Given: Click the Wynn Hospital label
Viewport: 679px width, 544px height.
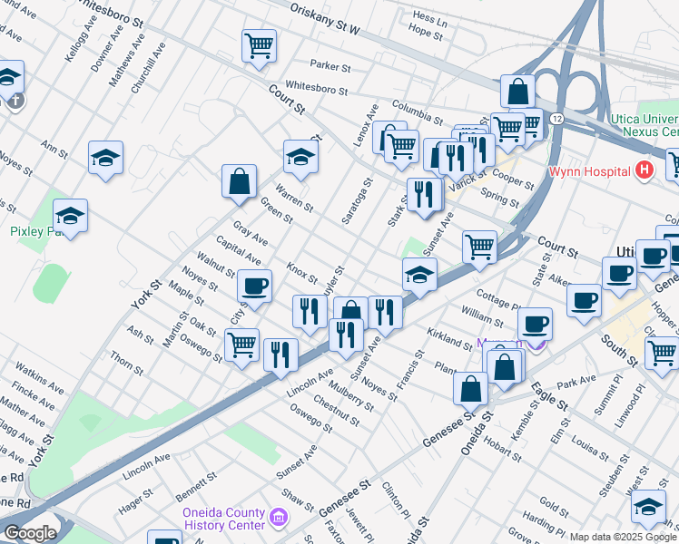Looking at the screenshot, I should pos(588,171).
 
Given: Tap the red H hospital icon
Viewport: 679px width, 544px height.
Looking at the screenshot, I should pos(645,170).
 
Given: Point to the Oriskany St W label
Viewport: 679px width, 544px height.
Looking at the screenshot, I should pos(325,20).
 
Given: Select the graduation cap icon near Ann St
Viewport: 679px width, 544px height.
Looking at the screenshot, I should pos(106,157).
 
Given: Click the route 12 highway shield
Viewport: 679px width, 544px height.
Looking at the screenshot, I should pos(556,120).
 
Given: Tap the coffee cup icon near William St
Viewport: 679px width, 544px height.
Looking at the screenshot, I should pos(536,322).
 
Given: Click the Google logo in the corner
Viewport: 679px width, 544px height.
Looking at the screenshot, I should pos(30,533).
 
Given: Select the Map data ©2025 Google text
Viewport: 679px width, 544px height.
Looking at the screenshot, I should pos(623,537).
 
